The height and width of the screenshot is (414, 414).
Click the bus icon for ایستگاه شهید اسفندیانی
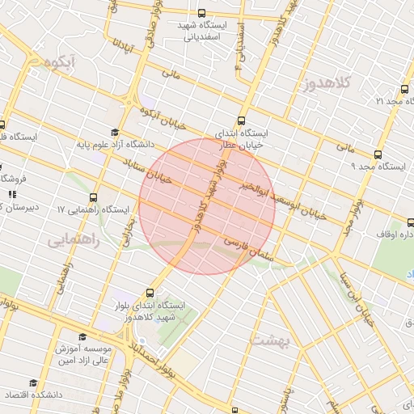point(201,14)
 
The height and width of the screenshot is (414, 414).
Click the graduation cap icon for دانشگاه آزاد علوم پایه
point(115,132)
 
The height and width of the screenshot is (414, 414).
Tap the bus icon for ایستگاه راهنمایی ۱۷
point(94,196)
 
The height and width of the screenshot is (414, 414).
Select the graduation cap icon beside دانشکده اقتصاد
point(33,383)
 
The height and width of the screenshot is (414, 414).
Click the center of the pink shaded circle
point(207,206)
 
